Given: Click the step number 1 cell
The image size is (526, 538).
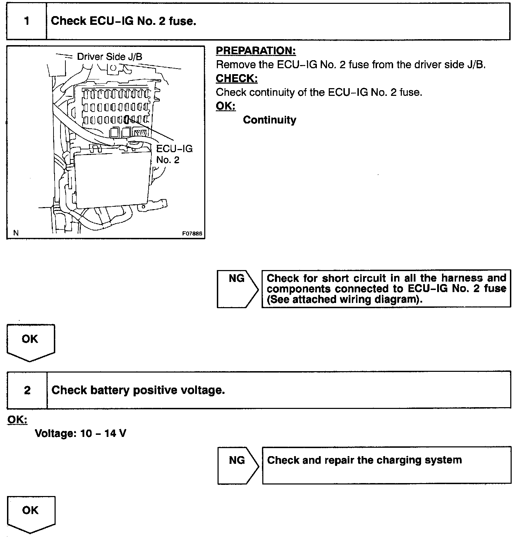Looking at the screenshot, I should click(27, 21).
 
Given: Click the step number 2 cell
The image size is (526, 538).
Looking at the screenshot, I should click(27, 390).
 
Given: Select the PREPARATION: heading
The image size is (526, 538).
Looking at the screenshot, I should click(256, 51).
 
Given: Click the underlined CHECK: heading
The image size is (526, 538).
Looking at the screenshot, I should click(237, 78).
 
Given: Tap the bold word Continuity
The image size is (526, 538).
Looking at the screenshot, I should click(270, 120).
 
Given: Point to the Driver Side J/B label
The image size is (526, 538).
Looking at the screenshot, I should click(109, 57).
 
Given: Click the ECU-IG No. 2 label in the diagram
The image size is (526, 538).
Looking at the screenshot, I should click(174, 154).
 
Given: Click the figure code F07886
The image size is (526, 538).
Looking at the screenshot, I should click(192, 234).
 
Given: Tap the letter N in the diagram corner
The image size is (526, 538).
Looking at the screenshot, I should click(16, 233).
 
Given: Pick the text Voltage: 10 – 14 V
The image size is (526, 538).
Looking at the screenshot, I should click(81, 434).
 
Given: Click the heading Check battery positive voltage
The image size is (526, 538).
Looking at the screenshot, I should click(138, 390).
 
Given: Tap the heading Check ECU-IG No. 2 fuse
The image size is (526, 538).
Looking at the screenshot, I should click(123, 21).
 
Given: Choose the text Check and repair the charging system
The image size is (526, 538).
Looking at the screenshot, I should click(364, 460).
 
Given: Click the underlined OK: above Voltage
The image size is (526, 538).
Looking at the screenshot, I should click(17, 419).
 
